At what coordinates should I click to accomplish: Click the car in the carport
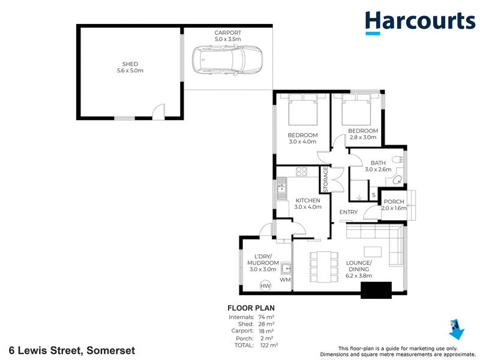click(227, 61)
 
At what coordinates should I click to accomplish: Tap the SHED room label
click(130, 64)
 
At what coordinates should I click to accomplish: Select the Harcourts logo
click(420, 22)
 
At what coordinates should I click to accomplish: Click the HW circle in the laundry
click(265, 286)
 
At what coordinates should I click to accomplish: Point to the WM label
click(285, 280)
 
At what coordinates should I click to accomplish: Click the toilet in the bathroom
click(398, 160)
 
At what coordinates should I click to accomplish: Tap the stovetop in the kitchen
click(302, 172)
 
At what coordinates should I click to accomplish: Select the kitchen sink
click(281, 189)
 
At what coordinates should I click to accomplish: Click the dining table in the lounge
click(324, 266)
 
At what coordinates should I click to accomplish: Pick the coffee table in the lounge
click(373, 251)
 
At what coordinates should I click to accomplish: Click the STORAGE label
click(325, 179)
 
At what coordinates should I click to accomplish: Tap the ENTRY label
click(349, 212)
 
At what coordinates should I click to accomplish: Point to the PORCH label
click(394, 202)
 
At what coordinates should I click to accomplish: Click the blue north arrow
click(456, 329)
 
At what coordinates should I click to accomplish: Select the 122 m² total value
click(269, 346)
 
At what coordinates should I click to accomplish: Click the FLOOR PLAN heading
click(251, 308)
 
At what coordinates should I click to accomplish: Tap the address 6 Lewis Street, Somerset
click(72, 350)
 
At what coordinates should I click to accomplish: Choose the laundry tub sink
click(286, 269)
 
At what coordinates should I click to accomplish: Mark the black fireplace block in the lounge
click(376, 290)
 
